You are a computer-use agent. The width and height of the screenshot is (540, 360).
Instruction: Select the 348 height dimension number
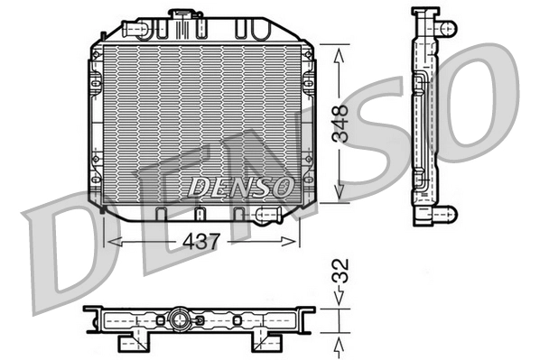[x=340, y=125]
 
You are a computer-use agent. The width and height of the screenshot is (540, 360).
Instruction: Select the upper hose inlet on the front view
[x=138, y=30]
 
